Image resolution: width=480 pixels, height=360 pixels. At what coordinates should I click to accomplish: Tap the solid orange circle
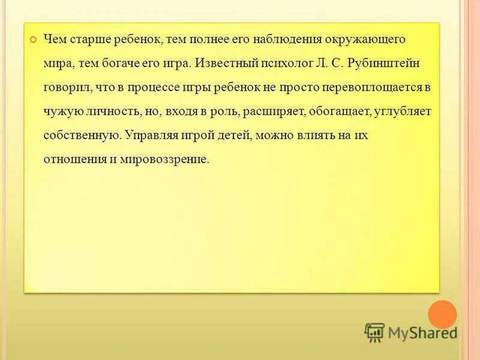point(443,314)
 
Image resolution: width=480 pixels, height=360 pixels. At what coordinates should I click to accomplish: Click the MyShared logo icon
point(374,332)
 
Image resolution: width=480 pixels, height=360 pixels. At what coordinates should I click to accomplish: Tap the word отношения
point(71,160)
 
